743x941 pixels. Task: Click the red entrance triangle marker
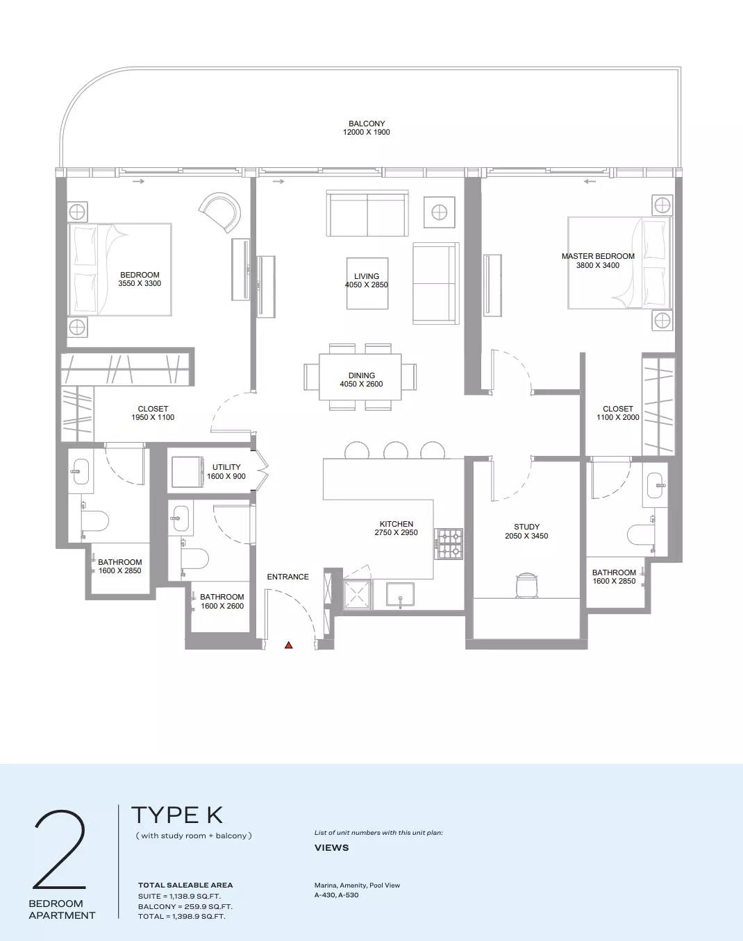point(288,645)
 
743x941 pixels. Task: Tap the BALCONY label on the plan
point(367,124)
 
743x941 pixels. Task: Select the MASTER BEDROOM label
point(598,256)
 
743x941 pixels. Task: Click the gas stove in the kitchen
point(449,543)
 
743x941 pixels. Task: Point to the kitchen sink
point(400,594)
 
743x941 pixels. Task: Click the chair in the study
point(527,585)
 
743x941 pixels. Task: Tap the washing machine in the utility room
point(187,472)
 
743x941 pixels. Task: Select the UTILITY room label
point(226,467)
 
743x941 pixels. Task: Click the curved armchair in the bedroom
point(221,212)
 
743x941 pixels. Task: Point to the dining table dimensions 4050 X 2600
point(362,384)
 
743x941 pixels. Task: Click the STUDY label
point(526,527)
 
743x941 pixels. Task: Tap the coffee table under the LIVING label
point(367,283)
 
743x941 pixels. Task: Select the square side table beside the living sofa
point(439,212)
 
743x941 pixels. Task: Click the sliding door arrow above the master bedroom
point(590,181)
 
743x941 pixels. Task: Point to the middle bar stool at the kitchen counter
point(396,450)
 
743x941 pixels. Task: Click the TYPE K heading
point(177,815)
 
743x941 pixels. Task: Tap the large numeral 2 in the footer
point(60,850)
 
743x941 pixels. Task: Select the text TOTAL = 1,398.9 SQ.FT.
point(182,916)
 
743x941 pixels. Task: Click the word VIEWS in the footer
point(332,847)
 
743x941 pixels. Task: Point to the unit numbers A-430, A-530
point(337,895)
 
